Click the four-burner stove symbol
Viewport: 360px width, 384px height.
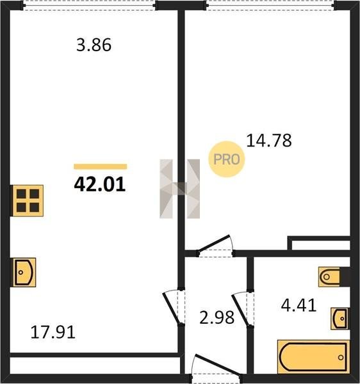(27, 200)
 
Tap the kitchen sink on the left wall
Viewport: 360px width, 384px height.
(24, 272)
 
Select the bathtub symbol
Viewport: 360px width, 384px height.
(313, 356)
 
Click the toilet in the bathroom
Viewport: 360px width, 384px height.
(330, 276)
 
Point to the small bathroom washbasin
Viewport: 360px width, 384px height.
(340, 318)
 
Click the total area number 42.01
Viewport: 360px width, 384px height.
(100, 184)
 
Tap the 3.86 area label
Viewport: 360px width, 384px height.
(94, 45)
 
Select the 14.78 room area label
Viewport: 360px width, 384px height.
(269, 140)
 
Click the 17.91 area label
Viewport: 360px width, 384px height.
(53, 332)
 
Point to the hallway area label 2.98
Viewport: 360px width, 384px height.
(217, 317)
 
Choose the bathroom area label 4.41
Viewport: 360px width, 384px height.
(299, 305)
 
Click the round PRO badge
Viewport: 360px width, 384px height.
(226, 159)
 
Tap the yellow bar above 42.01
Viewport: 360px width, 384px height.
(101, 166)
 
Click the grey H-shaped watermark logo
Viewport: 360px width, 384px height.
(179, 189)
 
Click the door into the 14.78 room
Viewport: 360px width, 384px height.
(215, 246)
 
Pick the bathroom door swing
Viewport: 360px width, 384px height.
(243, 309)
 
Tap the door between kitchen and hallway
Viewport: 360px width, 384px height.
(174, 307)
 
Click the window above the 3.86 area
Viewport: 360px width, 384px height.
(90, 5)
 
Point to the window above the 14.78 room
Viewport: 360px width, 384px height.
(270, 5)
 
